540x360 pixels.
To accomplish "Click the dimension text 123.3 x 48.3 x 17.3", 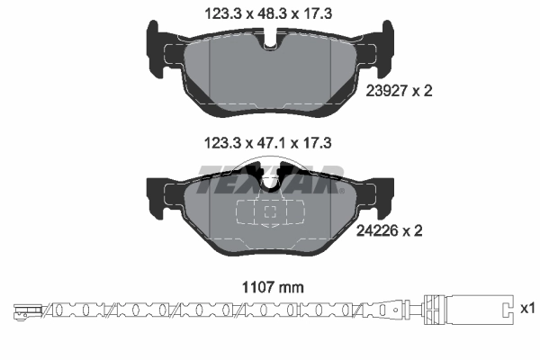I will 269,12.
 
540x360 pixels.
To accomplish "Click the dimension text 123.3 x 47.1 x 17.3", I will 269,141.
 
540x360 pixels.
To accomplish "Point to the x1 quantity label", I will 527,309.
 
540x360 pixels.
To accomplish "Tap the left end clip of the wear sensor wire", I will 25,312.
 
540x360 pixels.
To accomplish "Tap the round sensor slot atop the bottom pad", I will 270,179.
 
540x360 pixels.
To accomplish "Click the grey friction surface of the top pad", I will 270,72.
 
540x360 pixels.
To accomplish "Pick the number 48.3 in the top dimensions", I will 269,12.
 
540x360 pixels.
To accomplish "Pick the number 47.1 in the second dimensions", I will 269,141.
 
